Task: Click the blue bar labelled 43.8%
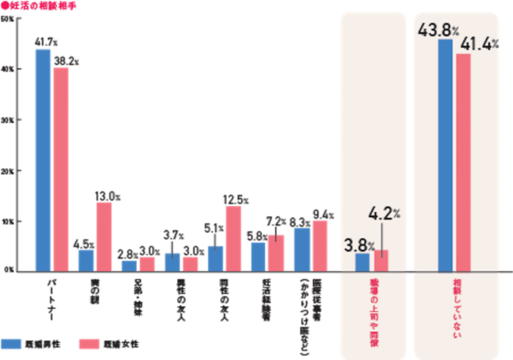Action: click(445, 155)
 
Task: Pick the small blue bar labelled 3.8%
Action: click(363, 262)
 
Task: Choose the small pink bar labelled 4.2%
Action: click(381, 260)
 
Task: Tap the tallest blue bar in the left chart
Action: click(43, 158)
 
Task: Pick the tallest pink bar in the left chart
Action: click(61, 168)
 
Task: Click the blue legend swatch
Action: click(13, 344)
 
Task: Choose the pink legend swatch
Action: click(89, 344)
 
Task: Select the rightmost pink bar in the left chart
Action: click(320, 245)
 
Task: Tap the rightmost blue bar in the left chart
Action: click(302, 249)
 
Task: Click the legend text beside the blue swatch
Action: click(45, 344)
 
